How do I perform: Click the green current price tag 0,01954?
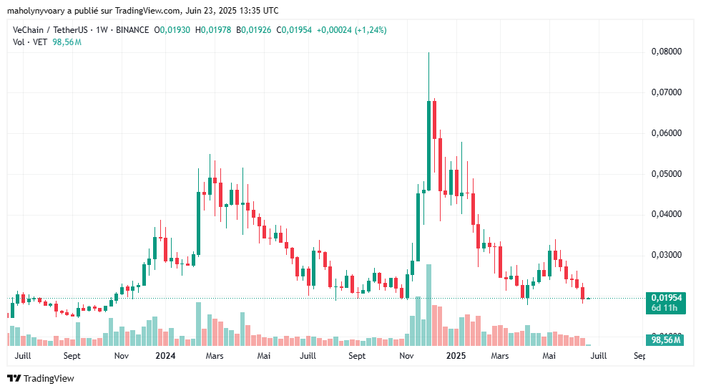click(665, 298)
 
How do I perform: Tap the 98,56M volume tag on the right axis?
click(665, 340)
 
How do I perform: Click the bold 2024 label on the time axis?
click(165, 356)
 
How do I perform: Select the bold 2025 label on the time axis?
click(456, 356)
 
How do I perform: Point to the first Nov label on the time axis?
click(121, 356)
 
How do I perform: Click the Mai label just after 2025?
click(549, 356)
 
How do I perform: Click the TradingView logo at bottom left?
click(41, 378)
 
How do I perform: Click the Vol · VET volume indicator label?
click(31, 42)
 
